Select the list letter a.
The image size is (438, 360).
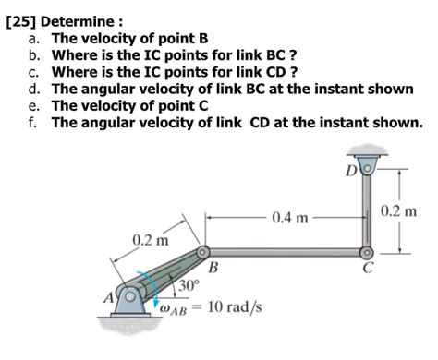click(33, 39)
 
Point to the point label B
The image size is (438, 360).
click(213, 269)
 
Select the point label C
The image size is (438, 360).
click(367, 269)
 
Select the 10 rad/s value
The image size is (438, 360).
click(234, 306)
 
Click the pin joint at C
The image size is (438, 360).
click(367, 251)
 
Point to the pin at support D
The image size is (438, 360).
click(367, 169)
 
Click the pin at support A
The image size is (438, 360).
click(130, 295)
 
